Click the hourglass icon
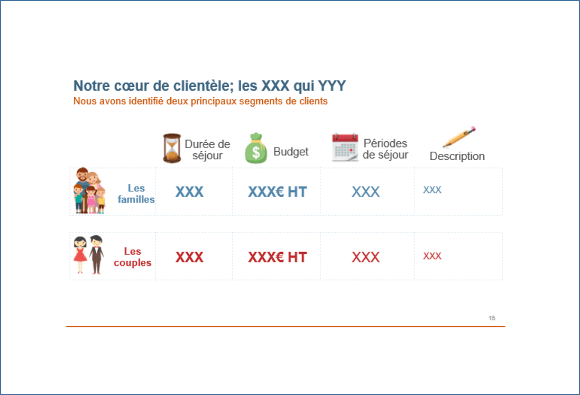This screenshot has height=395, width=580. coord(172,148)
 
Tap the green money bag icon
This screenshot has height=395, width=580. coord(255,148)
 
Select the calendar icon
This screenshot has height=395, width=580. coord(345,147)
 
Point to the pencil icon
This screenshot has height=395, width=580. coord(459,136)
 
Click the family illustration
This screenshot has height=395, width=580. coord(89,190)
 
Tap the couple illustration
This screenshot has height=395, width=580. coord(89,255)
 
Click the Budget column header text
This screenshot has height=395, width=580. coord(291,152)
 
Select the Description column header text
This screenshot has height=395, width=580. coord(457,156)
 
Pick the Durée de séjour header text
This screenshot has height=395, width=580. coord(207,150)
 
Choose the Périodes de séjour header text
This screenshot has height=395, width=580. coord(385,149)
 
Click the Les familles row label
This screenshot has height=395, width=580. coord(136,194)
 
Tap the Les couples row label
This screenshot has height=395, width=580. coord(132,257)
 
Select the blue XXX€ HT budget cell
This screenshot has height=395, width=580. coord(278,192)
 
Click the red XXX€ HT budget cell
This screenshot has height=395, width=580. coord(278,257)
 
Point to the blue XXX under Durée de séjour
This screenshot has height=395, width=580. coord(189,192)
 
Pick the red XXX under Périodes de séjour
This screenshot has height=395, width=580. coord(365,257)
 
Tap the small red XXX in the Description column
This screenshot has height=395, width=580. coord(432,256)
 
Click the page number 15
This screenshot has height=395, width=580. coord(492,318)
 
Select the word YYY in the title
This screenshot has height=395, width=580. coord(332,86)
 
